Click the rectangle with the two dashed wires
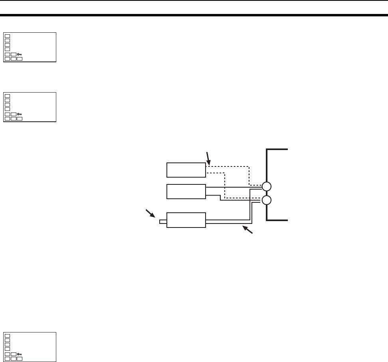(x=186, y=170)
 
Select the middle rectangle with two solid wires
(x=186, y=192)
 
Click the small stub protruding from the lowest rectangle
(x=162, y=222)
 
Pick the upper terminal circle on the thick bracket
(x=266, y=186)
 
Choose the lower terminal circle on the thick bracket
(x=266, y=200)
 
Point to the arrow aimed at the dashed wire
(x=207, y=158)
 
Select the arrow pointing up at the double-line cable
(x=248, y=230)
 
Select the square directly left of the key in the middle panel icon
(x=14, y=114)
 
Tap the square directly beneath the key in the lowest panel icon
(x=20, y=358)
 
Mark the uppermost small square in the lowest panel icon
(x=7, y=336)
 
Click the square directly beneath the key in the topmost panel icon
(x=20, y=58)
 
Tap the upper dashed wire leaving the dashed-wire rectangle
(x=228, y=166)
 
